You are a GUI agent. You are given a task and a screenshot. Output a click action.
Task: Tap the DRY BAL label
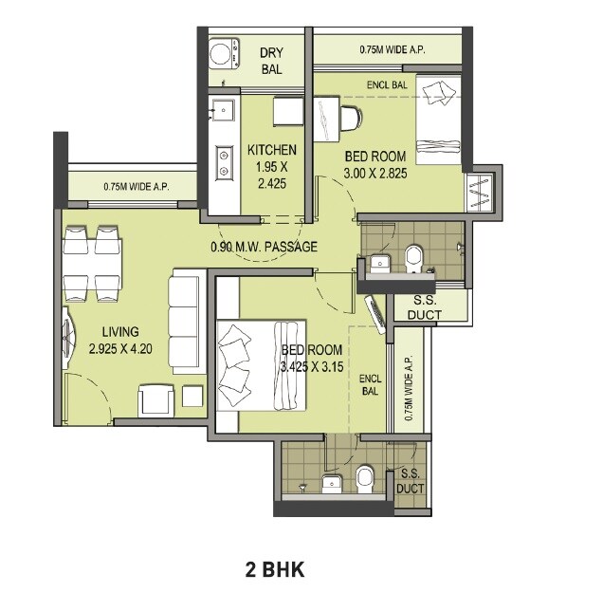pos(272,62)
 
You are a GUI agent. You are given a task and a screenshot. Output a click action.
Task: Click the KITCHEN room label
pos(271,150)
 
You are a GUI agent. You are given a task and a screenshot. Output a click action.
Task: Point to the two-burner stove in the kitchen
pos(225,161)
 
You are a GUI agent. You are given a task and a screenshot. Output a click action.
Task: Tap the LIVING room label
pos(115,332)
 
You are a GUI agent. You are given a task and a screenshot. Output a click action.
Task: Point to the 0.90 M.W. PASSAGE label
pos(264,248)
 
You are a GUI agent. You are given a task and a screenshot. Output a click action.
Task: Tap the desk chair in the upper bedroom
pos(349,120)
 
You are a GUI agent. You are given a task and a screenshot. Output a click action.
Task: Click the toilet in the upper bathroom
pos(414,257)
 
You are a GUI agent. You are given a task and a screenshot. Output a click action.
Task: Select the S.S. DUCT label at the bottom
pos(411,481)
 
